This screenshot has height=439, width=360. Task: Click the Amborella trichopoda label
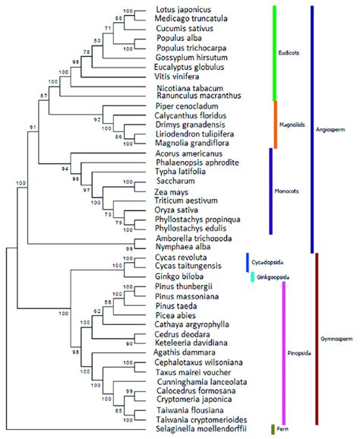pyautogui.click(x=193, y=237)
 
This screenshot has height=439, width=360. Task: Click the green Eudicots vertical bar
pyautogui.click(x=273, y=53)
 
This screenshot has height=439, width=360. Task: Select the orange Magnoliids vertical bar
pyautogui.click(x=273, y=123)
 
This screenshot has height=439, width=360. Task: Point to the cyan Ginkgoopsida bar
pyautogui.click(x=252, y=276)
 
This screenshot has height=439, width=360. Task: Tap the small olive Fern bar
pyautogui.click(x=273, y=430)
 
